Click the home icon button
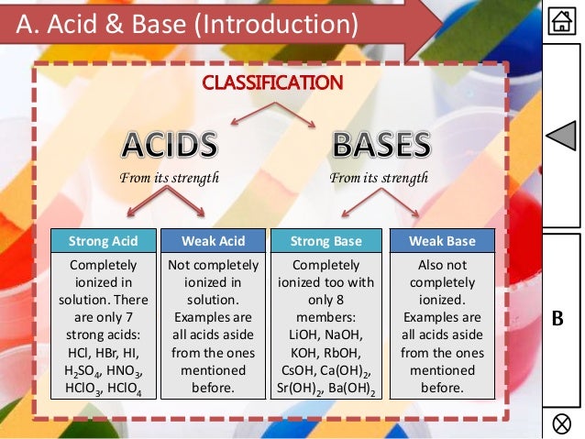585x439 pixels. coord(560,22)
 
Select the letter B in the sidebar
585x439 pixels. coord(559,320)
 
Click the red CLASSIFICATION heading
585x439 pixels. coord(272,83)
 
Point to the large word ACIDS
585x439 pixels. coord(171,145)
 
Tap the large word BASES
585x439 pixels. coord(381,145)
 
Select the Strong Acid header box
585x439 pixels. coord(103,241)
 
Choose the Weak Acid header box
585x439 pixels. coord(215,241)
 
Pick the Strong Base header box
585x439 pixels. coord(326,241)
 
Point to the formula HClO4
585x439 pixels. coord(131,388)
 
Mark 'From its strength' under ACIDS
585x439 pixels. coord(171,178)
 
